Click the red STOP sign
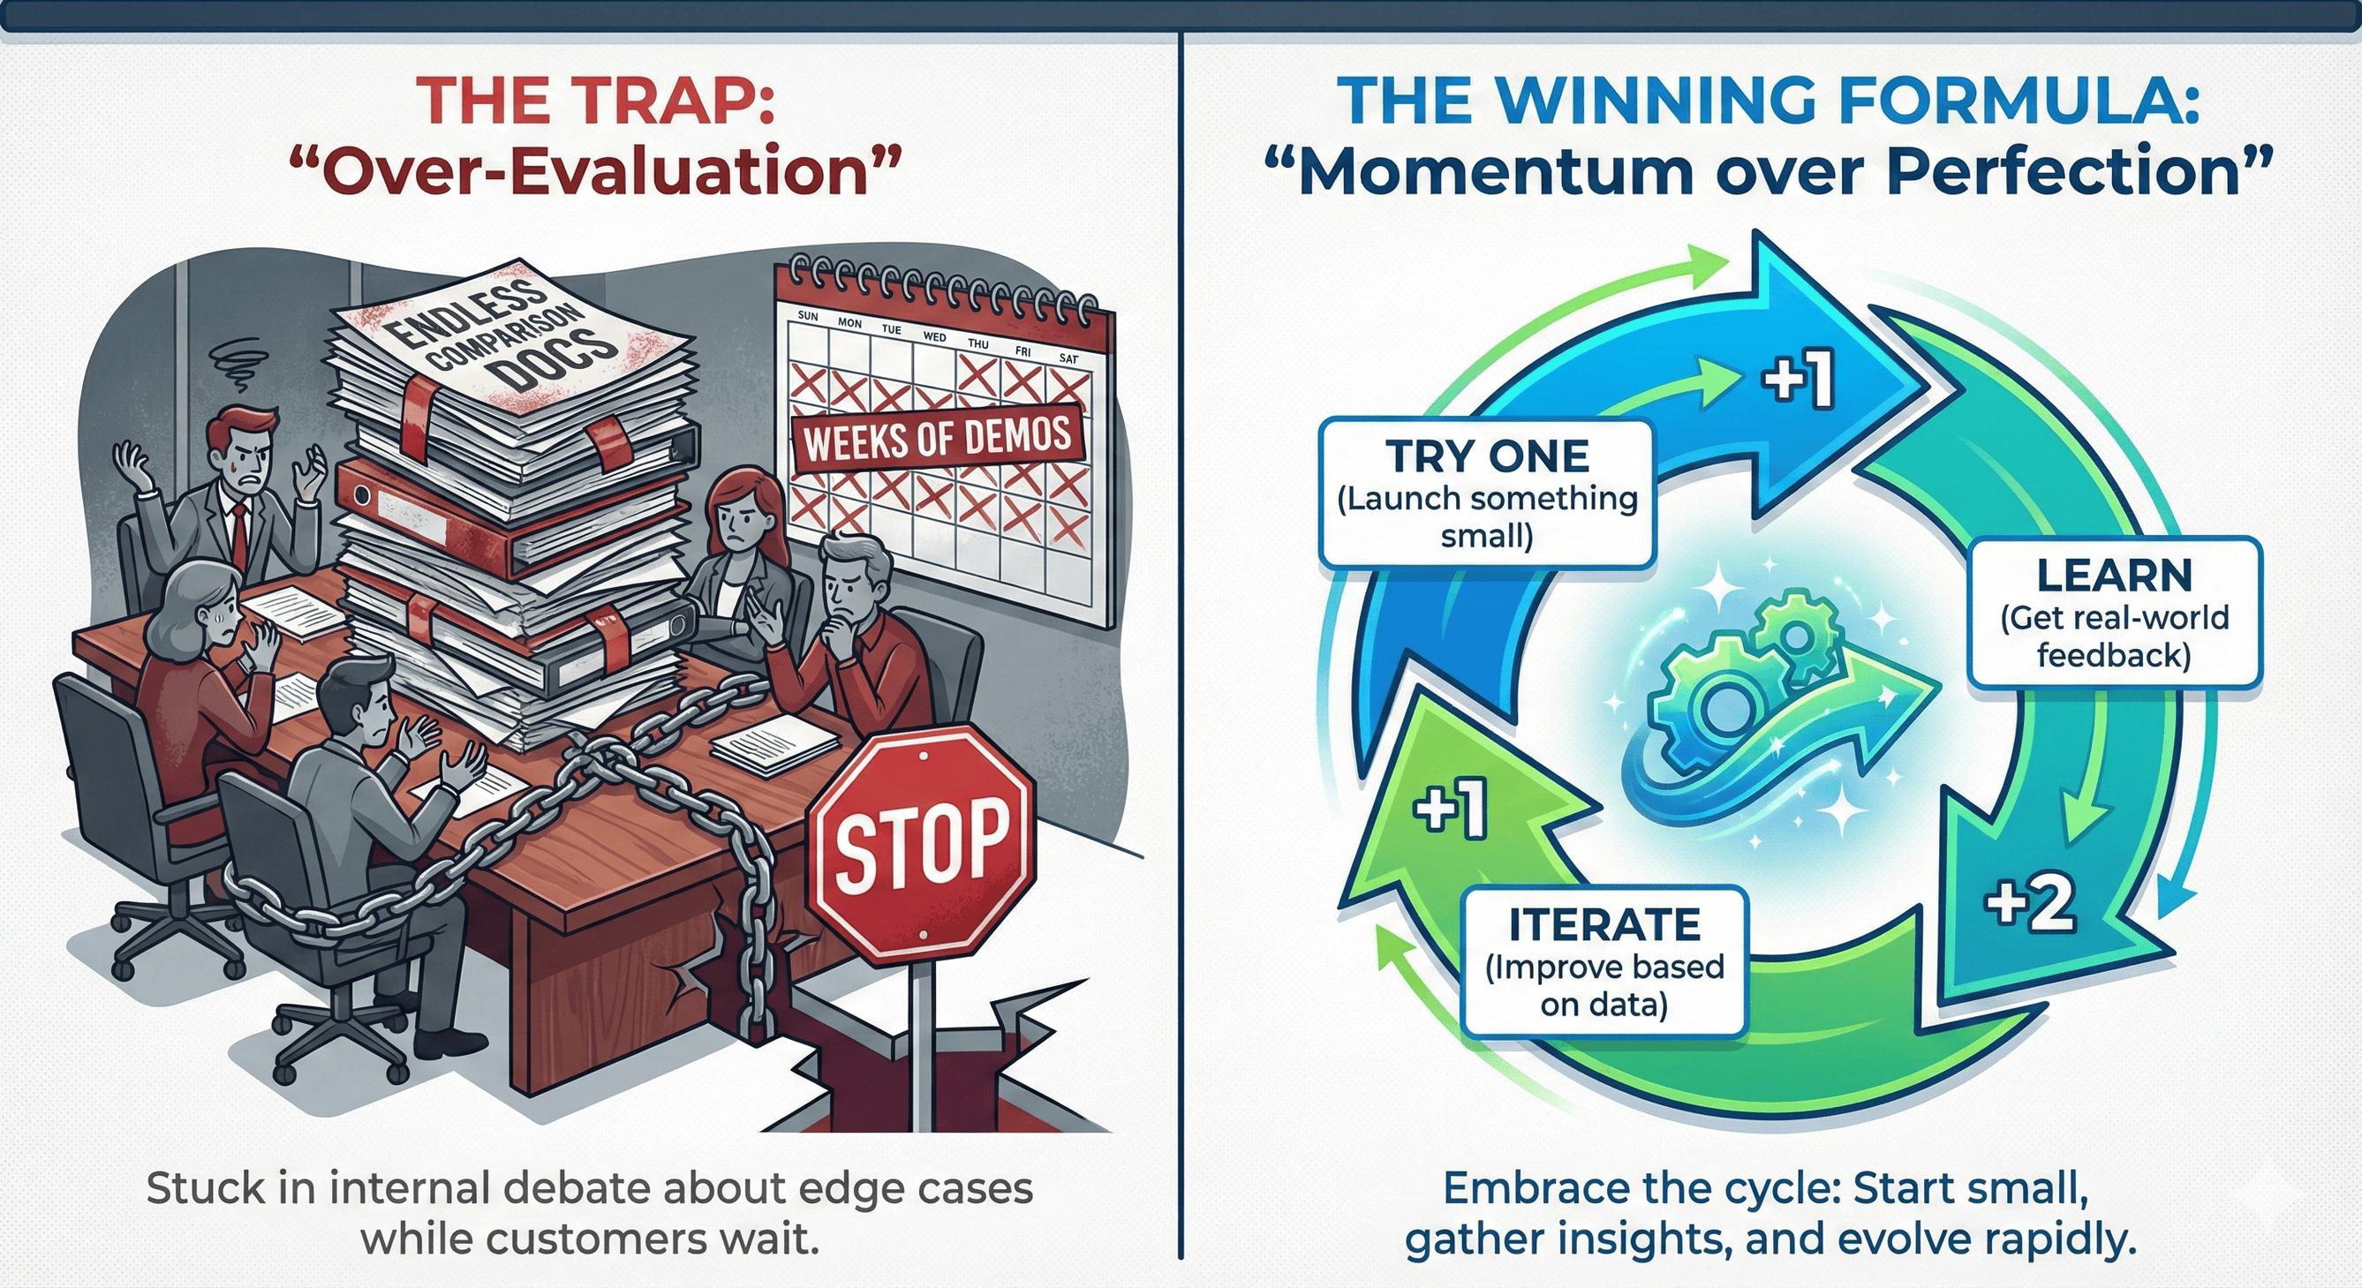[920, 844]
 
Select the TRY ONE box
[1486, 494]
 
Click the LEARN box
[2114, 614]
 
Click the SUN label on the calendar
[808, 316]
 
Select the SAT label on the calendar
[1069, 358]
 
